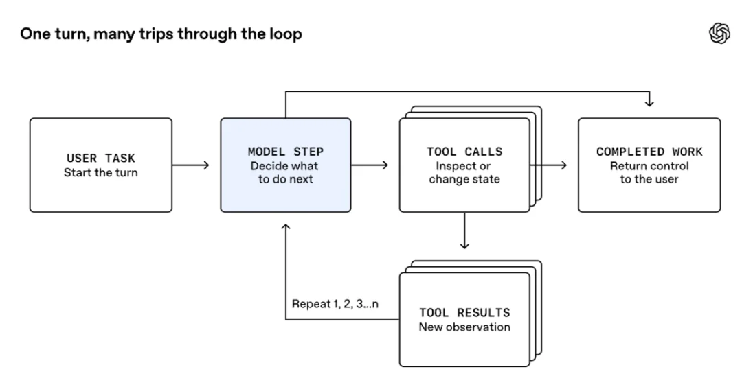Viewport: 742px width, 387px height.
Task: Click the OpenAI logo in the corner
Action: coord(719,34)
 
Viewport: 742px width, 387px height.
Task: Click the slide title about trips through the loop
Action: coord(161,34)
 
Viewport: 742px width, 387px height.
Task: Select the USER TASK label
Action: coord(101,159)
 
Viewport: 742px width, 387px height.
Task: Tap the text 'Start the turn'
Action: coord(101,172)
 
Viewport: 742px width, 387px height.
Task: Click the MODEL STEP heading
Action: coord(285,152)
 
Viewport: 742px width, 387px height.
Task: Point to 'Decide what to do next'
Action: coord(285,172)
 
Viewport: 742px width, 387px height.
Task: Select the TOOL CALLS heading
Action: coord(464,152)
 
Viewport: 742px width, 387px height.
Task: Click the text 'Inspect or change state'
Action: coord(464,172)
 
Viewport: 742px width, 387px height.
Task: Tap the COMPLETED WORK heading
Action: coord(649,152)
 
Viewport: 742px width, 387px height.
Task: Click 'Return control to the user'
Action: coord(649,172)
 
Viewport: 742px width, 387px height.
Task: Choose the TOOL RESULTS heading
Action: coord(464,313)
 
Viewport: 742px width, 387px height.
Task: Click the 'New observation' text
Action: coord(464,327)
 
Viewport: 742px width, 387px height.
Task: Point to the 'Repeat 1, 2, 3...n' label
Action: coord(335,304)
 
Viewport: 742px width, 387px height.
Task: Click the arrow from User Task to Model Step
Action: coord(191,165)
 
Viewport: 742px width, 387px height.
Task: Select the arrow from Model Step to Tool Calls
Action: coord(370,165)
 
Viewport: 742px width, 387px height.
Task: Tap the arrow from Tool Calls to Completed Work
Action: coord(548,165)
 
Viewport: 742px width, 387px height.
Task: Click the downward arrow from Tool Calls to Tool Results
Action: coord(464,231)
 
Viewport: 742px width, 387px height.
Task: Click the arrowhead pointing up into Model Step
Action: coord(285,227)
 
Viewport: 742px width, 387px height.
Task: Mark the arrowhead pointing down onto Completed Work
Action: coord(649,103)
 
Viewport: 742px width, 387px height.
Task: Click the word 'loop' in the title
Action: coord(286,34)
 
